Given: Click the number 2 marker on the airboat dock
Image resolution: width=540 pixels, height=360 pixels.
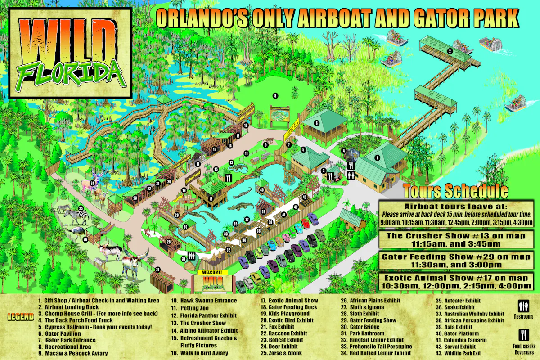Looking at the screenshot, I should (x=450, y=51).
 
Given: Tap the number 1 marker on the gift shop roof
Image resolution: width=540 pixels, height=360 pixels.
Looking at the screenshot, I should (x=378, y=158).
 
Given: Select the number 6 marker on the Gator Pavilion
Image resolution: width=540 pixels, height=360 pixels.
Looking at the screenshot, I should (x=316, y=123).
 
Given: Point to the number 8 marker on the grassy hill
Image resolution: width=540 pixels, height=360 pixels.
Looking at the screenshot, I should (x=275, y=95).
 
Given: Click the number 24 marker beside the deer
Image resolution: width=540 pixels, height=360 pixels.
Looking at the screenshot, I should (x=92, y=183).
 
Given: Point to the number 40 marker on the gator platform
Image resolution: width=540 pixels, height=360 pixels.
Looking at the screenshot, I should (x=261, y=189).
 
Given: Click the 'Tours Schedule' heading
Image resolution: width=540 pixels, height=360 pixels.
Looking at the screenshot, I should (x=455, y=191).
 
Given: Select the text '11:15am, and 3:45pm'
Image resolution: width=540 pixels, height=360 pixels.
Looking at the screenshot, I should (x=455, y=244).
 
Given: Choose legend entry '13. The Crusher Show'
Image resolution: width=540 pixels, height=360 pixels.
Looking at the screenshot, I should (x=203, y=323).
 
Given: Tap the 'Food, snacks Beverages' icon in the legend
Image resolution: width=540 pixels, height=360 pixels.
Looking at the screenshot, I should (x=522, y=335).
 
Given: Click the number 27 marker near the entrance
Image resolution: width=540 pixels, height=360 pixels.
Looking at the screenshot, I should (x=158, y=270).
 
